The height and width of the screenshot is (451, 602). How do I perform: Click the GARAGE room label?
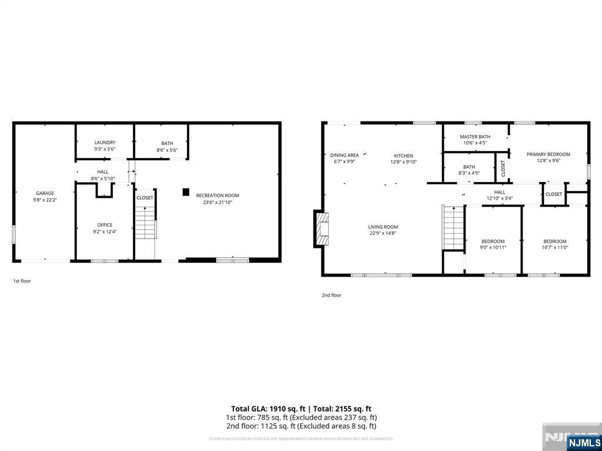click(x=45, y=193)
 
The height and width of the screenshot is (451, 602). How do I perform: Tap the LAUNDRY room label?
click(x=105, y=143)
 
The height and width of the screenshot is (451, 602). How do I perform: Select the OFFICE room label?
click(x=105, y=225)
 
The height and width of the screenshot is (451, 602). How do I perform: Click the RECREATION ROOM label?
click(x=218, y=196)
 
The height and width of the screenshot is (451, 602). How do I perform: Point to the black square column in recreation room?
click(x=186, y=191)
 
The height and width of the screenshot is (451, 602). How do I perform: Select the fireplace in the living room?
click(x=322, y=228)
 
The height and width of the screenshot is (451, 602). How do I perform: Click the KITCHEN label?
click(x=403, y=156)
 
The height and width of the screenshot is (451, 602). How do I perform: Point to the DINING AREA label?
click(x=344, y=156)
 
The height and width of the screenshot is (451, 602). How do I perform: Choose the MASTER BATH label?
click(x=475, y=137)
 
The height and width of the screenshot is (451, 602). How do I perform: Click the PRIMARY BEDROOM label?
click(x=548, y=154)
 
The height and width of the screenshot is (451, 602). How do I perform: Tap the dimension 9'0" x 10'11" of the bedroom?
click(x=493, y=247)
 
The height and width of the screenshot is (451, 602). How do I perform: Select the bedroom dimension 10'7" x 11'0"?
click(x=554, y=247)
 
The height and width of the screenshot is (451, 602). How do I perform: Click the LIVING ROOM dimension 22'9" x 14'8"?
click(x=383, y=233)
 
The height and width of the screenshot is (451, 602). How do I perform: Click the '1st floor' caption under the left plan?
click(x=22, y=281)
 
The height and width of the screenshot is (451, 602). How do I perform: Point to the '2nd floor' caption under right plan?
click(x=331, y=295)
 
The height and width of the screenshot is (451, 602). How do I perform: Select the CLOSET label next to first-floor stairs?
click(x=145, y=198)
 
